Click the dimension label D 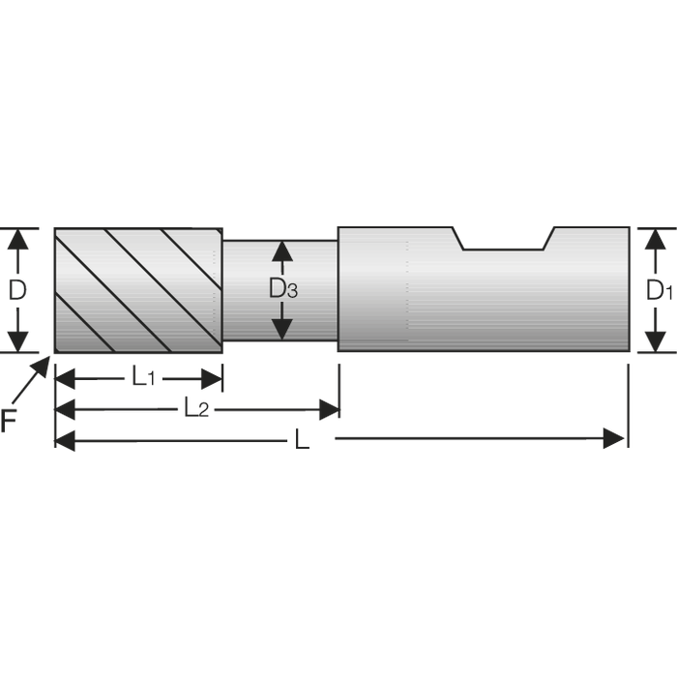point(17,290)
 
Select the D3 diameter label point(282,288)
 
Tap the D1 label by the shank point(659,290)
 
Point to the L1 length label point(143,378)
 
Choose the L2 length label point(196,407)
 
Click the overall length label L point(302,439)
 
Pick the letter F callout point(8,421)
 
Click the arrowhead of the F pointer point(43,365)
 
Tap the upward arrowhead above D point(17,239)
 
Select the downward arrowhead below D point(17,341)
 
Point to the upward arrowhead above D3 point(282,251)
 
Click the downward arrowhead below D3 point(282,330)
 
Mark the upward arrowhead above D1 point(656,239)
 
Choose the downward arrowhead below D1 point(656,341)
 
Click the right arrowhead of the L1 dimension point(212,379)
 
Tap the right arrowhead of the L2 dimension point(330,409)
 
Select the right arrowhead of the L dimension point(614,439)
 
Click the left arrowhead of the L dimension point(65,441)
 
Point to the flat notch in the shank point(503,238)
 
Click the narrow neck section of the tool point(280,290)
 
